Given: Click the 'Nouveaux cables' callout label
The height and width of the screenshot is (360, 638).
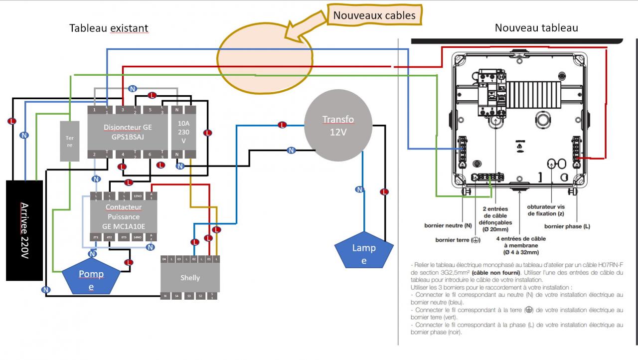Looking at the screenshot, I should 374,15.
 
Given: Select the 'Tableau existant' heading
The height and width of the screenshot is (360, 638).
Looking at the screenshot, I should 109,28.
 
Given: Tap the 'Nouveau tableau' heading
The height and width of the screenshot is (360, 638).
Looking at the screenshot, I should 536,28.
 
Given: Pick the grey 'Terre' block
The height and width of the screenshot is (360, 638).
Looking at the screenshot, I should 69,141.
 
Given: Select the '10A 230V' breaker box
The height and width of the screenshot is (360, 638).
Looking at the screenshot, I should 184,132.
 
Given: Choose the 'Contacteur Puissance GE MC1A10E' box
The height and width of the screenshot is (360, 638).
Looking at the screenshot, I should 124,216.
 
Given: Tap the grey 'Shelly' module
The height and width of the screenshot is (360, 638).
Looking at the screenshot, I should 189,278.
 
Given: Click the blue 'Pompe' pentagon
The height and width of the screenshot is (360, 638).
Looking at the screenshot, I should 91,280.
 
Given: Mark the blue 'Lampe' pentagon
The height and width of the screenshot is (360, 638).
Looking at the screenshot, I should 364,253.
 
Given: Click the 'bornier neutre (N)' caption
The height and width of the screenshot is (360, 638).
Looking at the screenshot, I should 448,225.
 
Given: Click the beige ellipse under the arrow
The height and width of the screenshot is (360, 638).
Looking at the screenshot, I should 265,58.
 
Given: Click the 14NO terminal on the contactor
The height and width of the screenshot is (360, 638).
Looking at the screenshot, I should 138,237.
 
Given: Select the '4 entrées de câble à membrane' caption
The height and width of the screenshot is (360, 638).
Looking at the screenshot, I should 521,246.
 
